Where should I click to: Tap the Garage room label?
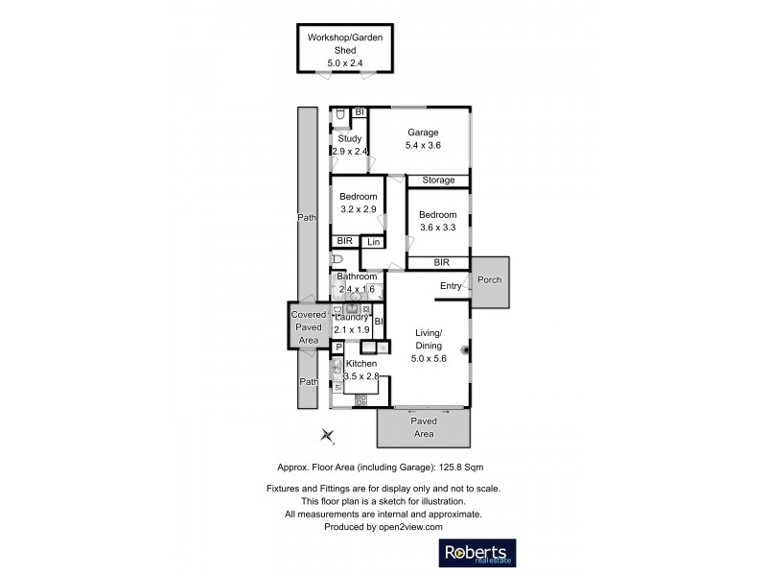pos(423,138)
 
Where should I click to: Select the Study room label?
pos(349,144)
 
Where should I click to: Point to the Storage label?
pos(439,180)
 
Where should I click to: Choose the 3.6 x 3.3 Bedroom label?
pos(437,221)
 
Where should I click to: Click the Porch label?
pos(489,280)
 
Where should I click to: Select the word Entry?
pos(451,286)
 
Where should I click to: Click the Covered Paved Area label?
pos(309,327)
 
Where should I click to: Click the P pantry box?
pos(338,348)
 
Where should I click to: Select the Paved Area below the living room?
pos(424,427)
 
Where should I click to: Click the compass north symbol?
pos(329,437)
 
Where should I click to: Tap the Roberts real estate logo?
pos(477,554)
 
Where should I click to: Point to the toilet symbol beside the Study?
pos(339,116)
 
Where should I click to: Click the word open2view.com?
pos(408,527)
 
